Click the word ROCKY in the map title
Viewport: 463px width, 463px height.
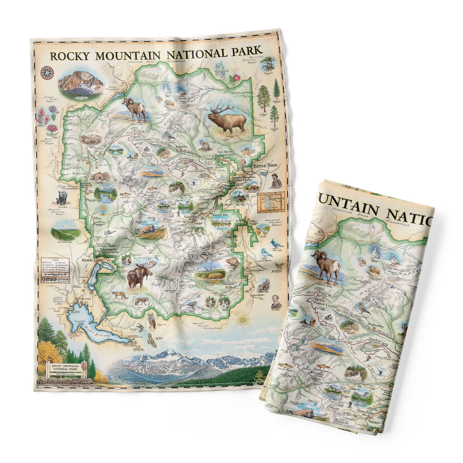click(x=69, y=56)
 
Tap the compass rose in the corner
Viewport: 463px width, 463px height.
click(x=47, y=72)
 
